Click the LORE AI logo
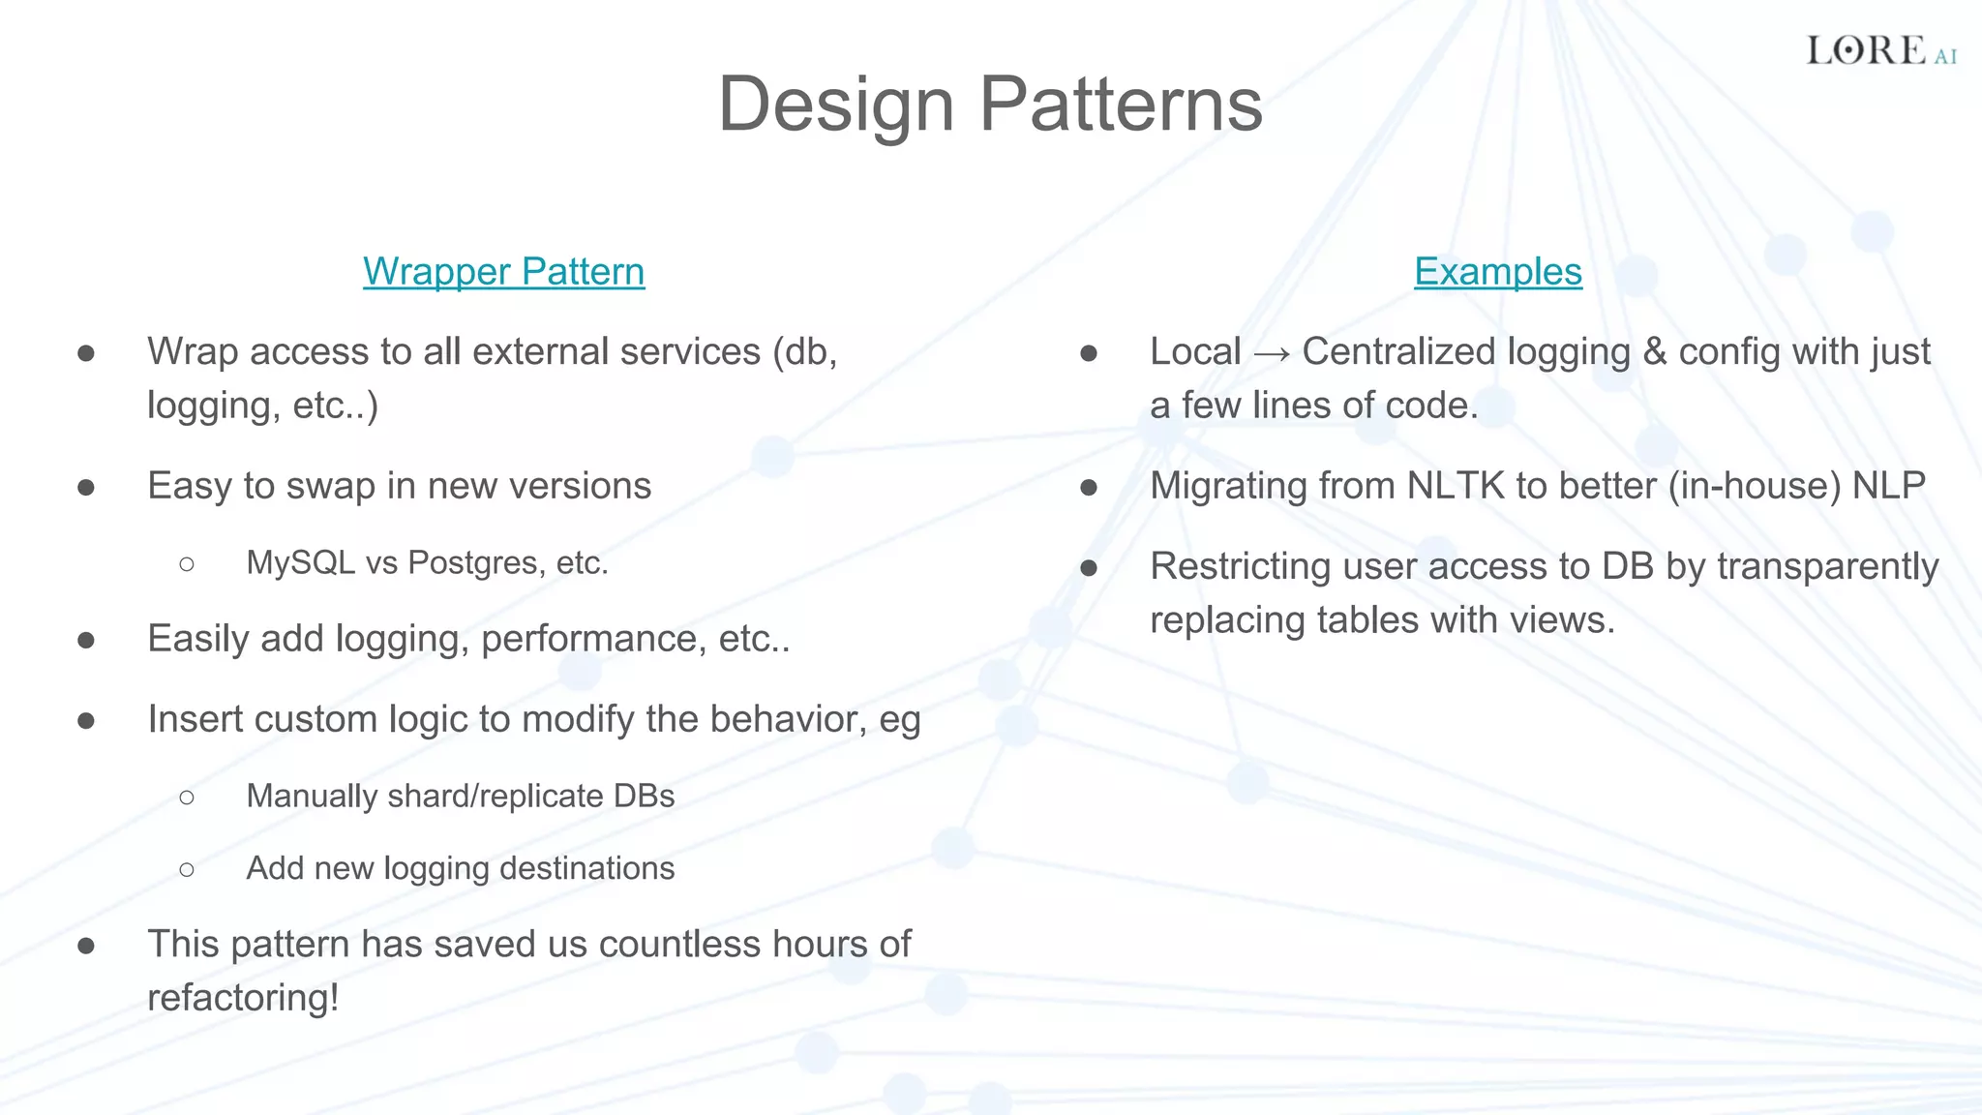[1880, 50]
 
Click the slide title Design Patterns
[990, 105]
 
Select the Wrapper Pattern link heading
[503, 272]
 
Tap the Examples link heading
[1497, 272]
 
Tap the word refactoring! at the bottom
[243, 998]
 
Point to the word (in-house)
[1754, 486]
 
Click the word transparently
[1827, 567]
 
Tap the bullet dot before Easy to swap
[86, 487]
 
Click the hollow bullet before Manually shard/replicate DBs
[187, 797]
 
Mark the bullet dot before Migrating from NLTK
[1089, 487]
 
